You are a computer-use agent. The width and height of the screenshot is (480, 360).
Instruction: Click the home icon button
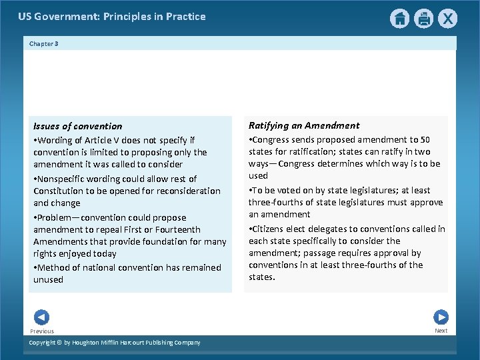[399, 19]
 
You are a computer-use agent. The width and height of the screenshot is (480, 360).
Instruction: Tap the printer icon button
[423, 19]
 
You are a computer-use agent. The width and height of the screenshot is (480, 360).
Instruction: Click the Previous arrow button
[41, 317]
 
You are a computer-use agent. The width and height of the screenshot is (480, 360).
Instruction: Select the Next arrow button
[441, 317]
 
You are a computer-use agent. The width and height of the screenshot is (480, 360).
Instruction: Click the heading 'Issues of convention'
[78, 126]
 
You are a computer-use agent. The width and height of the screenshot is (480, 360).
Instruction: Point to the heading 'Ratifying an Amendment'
[304, 125]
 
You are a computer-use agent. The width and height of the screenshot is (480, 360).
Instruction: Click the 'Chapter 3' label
[44, 44]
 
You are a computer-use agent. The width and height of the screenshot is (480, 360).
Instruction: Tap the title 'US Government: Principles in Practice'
[112, 17]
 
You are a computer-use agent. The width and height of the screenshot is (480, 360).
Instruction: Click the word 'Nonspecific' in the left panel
[63, 179]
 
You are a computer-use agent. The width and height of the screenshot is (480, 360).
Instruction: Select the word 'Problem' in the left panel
[56, 217]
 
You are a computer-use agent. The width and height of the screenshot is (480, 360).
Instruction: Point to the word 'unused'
[49, 279]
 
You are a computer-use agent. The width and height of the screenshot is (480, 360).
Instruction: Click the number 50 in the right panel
[425, 139]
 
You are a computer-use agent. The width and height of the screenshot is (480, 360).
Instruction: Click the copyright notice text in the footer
[115, 343]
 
